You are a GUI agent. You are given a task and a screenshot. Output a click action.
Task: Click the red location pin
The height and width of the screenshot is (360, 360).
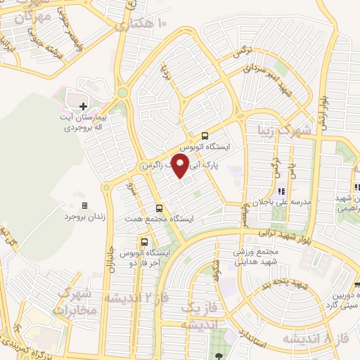(x=180, y=166)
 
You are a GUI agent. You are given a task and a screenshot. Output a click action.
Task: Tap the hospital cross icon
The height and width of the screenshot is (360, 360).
(x=84, y=105)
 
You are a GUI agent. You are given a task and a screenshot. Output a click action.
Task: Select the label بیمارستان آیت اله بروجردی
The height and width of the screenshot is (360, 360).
(x=84, y=122)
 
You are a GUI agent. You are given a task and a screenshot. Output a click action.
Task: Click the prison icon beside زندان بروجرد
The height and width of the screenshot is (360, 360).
(x=85, y=206)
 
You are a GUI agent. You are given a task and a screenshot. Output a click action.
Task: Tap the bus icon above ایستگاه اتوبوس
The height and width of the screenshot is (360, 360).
(x=205, y=136)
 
